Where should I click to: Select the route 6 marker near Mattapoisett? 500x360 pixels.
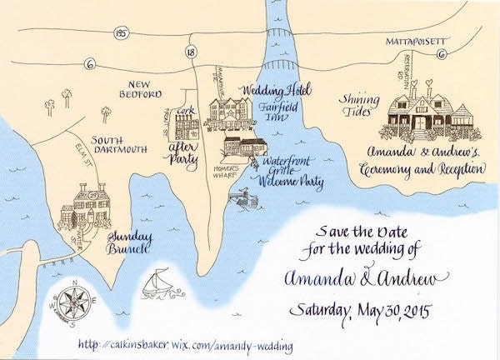(440, 56)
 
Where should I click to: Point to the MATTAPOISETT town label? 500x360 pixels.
(416, 40)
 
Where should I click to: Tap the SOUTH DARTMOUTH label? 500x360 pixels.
(119, 143)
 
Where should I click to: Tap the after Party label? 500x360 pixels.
(182, 155)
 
